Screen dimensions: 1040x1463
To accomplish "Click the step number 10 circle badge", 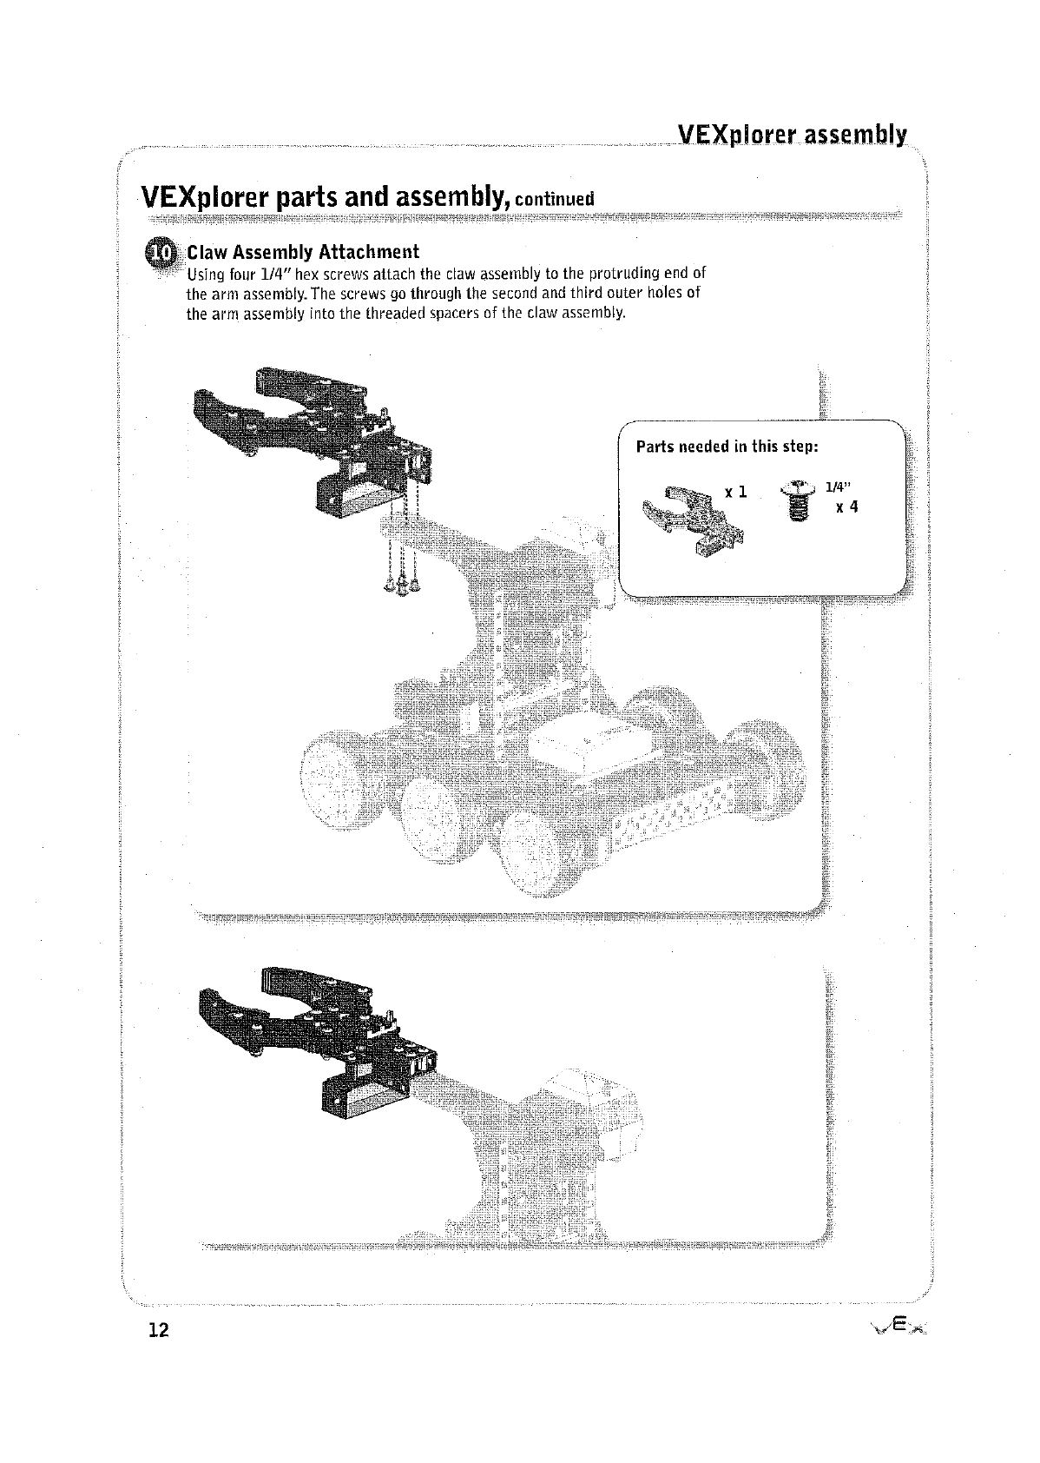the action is click(163, 252).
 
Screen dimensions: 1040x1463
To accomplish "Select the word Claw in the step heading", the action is click(206, 252).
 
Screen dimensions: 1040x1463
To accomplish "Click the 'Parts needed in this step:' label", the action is click(727, 447).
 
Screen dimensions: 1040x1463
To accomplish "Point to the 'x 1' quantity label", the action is click(736, 493).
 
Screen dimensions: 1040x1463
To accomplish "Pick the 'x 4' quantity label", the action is click(846, 507).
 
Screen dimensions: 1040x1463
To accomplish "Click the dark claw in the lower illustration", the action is click(317, 1041).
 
